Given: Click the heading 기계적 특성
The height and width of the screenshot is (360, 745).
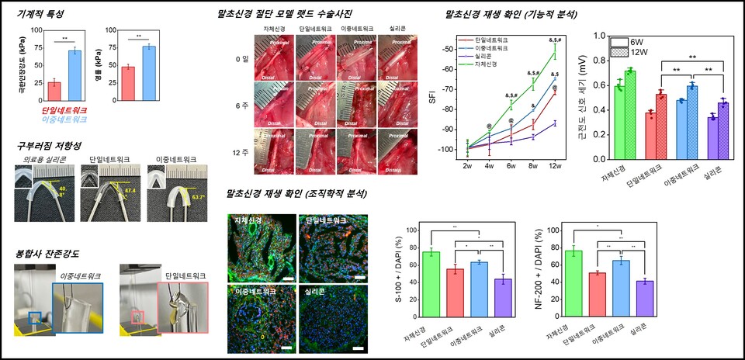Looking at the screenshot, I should click(40, 15).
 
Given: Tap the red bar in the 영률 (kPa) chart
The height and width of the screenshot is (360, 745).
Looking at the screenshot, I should click(128, 84).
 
